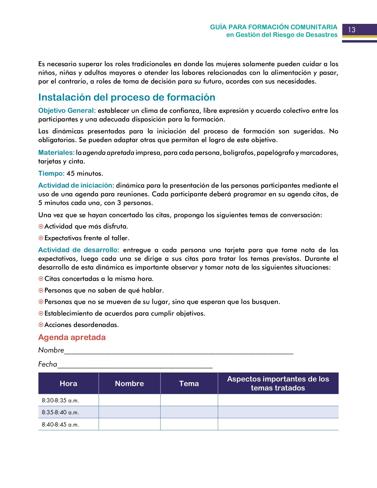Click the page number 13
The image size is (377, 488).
[352, 30]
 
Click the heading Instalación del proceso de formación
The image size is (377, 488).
[127, 97]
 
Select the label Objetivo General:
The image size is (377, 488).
[67, 111]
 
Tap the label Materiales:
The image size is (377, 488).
[56, 153]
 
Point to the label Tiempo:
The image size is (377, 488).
[51, 174]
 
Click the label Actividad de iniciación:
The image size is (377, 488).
[76, 185]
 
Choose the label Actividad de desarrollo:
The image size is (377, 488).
[79, 250]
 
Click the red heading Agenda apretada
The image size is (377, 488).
[72, 337]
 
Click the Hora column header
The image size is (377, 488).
[68, 383]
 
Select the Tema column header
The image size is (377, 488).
[189, 383]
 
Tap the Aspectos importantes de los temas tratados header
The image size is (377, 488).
[278, 383]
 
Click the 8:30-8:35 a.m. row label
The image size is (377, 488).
[60, 400]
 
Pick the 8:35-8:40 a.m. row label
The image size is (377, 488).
[60, 412]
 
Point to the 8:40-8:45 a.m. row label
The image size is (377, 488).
[60, 425]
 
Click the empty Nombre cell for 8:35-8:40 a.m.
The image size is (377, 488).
[129, 412]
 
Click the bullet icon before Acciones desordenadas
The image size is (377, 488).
[41, 325]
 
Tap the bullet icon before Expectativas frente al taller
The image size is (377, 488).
[41, 238]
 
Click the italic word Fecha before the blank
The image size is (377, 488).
[48, 364]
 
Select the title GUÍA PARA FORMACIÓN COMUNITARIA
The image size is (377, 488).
[273, 27]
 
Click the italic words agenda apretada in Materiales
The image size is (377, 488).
[108, 153]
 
